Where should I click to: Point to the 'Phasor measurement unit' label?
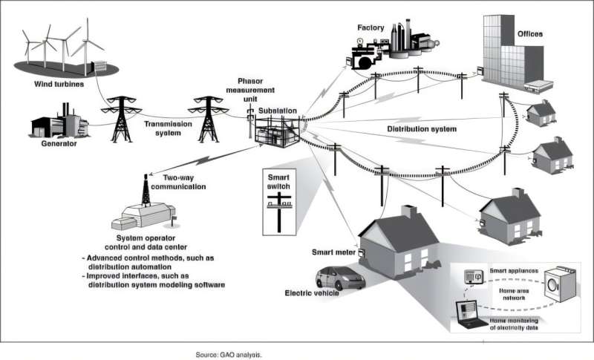coord(251,91)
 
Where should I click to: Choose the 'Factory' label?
coord(370,28)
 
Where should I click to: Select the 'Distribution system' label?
coord(421,128)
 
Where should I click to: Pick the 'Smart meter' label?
coord(331,253)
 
